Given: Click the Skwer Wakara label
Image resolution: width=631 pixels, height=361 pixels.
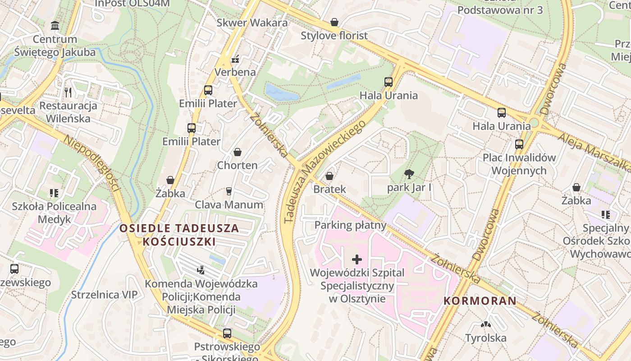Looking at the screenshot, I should (252, 23).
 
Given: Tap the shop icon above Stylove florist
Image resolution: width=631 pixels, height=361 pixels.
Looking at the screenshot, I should (334, 22).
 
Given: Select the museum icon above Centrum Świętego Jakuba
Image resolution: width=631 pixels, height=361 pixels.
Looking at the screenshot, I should (55, 26).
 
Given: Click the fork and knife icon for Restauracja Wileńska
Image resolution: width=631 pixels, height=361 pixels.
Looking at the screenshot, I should (68, 93).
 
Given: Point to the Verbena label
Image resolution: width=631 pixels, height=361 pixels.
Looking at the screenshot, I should (235, 72).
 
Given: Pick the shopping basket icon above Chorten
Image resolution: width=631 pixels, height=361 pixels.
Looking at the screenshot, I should (237, 152).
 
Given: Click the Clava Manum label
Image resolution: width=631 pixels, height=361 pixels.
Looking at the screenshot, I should (229, 204).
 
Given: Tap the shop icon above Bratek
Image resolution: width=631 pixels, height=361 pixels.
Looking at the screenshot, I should (329, 176).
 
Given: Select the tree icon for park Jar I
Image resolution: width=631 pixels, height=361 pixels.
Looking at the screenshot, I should (409, 174).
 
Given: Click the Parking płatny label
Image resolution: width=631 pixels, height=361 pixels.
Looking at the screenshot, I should (351, 225).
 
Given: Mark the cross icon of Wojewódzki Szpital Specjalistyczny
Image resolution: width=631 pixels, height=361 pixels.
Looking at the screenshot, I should (357, 259).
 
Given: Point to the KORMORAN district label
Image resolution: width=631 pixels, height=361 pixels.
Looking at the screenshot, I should (480, 301).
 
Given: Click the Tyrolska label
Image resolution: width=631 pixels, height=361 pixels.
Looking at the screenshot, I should (485, 338).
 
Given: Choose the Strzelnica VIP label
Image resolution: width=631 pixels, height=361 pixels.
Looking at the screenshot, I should (104, 295).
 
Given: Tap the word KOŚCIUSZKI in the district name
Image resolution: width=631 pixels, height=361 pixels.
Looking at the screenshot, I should (179, 241).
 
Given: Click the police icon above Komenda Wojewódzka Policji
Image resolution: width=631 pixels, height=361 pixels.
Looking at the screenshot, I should (201, 270).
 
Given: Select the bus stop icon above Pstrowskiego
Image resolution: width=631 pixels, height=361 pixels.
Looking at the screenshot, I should (227, 333).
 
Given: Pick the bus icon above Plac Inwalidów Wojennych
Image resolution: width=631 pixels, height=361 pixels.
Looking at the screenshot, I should (519, 144).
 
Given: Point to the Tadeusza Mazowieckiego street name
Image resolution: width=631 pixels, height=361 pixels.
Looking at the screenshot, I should (324, 172).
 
